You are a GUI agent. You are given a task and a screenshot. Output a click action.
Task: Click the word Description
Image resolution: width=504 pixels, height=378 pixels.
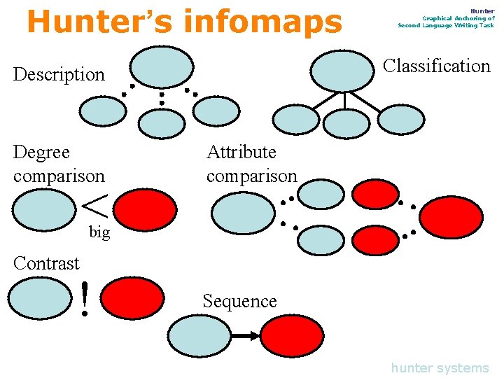coord(59,74)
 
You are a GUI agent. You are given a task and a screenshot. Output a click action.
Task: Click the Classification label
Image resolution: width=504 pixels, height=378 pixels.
coord(437,66)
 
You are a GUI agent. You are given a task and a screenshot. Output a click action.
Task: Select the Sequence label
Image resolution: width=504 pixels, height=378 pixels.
coord(239,301)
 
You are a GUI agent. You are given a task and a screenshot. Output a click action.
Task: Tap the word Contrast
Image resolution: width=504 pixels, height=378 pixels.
coord(46,263)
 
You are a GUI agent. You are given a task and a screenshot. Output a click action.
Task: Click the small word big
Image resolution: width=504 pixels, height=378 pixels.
coord(99,232)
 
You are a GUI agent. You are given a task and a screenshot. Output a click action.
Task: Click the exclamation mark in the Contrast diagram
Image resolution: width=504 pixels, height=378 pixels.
coord(85,298)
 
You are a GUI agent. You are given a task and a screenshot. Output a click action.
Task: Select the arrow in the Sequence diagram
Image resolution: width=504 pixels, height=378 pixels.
coord(246,337)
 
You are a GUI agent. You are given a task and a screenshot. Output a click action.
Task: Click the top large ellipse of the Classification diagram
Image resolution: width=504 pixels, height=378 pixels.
coord(342,71)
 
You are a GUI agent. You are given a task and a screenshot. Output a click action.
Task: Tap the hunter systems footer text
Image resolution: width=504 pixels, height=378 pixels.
coord(440,367)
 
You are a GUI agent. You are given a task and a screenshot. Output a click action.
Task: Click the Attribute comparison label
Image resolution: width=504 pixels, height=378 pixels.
coord(251,164)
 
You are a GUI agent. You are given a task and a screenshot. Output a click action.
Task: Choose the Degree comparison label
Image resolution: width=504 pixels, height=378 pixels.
coord(58,164)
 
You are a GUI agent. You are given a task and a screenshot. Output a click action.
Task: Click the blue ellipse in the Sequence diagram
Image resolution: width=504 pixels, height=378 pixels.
coord(200,336)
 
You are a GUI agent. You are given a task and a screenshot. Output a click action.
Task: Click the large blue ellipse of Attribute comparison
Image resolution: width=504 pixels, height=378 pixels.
coord(243,213)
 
